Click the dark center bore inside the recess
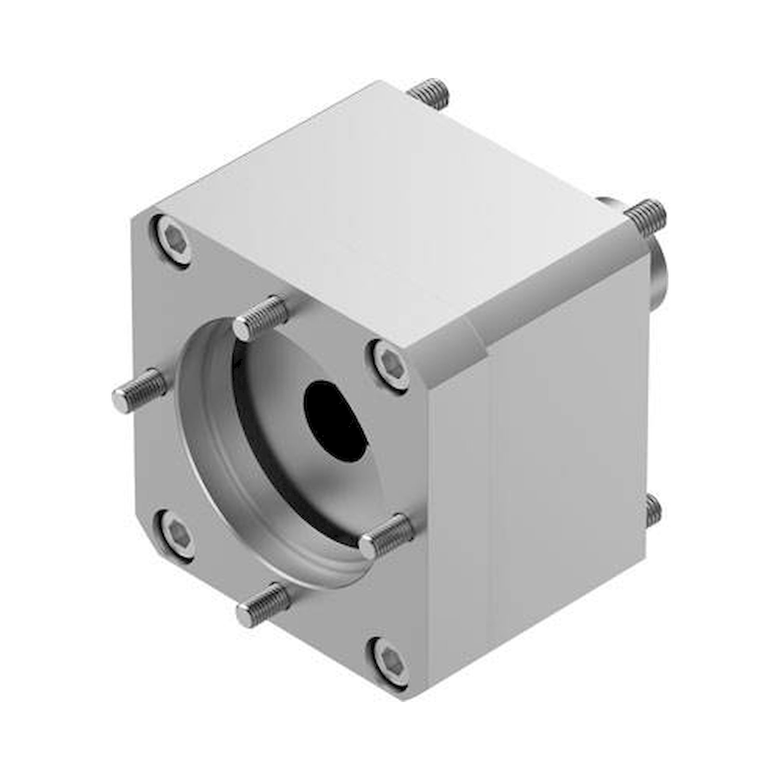[x=335, y=420]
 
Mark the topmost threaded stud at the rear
[x=429, y=95]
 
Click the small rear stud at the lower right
[x=652, y=513]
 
